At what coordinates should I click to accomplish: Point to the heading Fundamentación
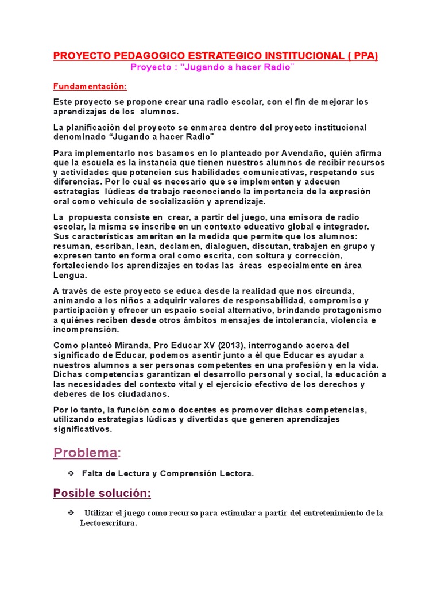coord(90,86)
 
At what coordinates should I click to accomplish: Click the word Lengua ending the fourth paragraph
coord(69,276)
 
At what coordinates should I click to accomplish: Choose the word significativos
coord(83,429)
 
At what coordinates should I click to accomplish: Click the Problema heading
coord(86,453)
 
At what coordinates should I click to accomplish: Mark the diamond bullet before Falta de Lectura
coord(71,473)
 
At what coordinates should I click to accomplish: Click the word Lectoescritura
coord(108,524)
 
